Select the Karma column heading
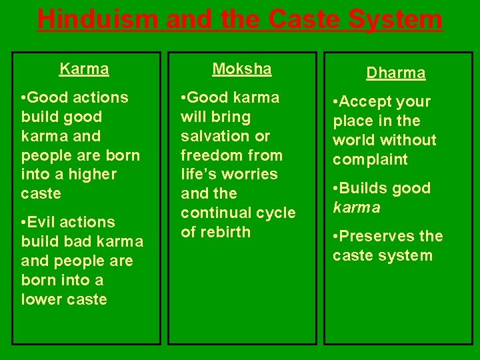pyautogui.click(x=84, y=69)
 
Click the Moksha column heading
pyautogui.click(x=242, y=69)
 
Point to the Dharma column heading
pyautogui.click(x=396, y=73)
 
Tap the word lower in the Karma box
pyautogui.click(x=39, y=299)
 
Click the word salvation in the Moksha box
pyautogui.click(x=213, y=136)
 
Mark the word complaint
pyautogui.click(x=370, y=160)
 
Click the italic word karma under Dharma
pyautogui.click(x=357, y=207)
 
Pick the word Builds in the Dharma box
pyautogui.click(x=364, y=189)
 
